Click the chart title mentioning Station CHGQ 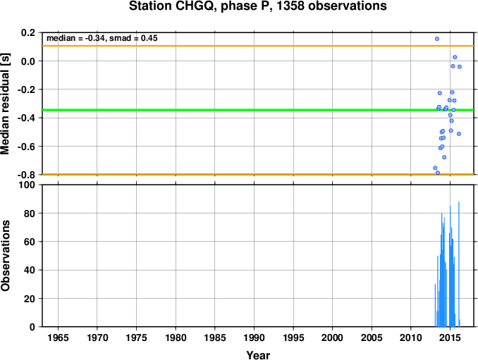(x=257, y=6)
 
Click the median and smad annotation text (x=102, y=38)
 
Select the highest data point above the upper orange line (x=437, y=39)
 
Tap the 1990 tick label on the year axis (x=254, y=337)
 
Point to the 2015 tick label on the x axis (x=451, y=337)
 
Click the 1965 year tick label (x=58, y=337)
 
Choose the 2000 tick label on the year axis (x=332, y=337)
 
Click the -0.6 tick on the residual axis (x=26, y=147)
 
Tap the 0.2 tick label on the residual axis (x=28, y=32)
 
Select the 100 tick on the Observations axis (x=27, y=185)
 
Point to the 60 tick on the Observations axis (x=30, y=242)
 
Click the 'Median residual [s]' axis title (x=5, y=104)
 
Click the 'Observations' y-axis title (x=5, y=256)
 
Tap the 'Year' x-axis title (x=258, y=355)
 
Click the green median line (x=258, y=110)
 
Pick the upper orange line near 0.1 (x=258, y=46)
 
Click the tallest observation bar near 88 (x=459, y=264)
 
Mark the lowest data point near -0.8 (x=438, y=173)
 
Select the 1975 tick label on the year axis (x=136, y=337)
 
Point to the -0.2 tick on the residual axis (x=26, y=89)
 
